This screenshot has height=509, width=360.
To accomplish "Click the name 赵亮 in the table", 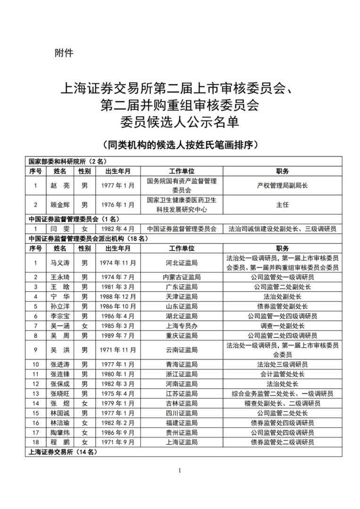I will tap(60, 186).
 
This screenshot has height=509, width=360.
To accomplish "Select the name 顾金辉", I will tap(60, 205).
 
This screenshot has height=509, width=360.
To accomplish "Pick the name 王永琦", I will tap(60, 277).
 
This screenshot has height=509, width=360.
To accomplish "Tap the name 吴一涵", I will tap(60, 326).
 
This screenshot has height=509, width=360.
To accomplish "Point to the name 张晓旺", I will tap(60, 394).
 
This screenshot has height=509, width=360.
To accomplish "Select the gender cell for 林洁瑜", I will tap(85, 423).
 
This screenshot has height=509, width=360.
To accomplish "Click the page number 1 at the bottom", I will tap(180, 470).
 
